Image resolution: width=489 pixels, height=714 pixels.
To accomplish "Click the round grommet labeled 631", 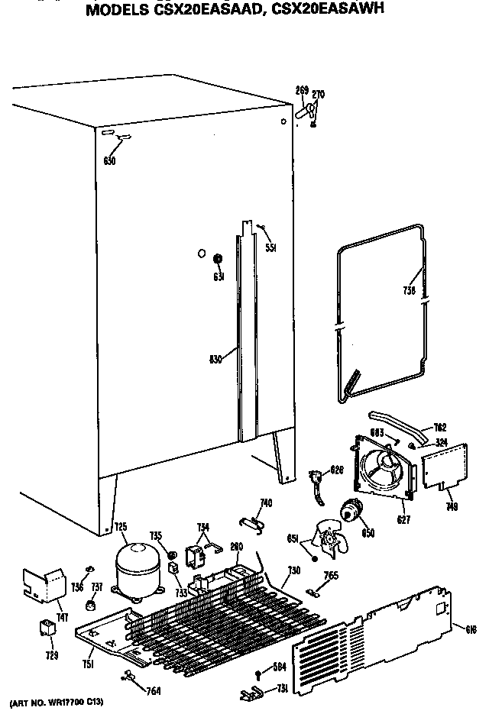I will (217, 257).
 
